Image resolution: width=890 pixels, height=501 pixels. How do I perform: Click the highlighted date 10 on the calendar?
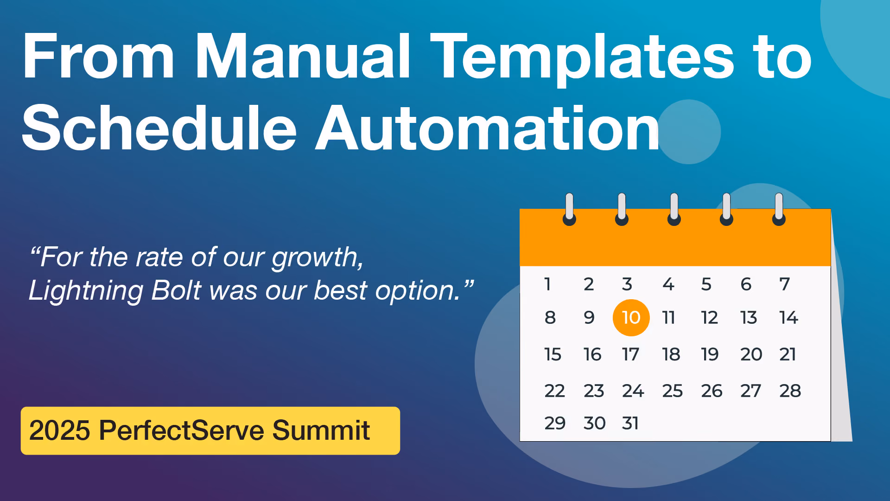pyautogui.click(x=631, y=318)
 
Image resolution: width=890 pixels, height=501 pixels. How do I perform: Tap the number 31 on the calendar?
pyautogui.click(x=630, y=423)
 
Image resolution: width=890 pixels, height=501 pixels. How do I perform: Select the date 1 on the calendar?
pyautogui.click(x=547, y=284)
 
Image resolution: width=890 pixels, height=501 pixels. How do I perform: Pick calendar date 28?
pyautogui.click(x=790, y=391)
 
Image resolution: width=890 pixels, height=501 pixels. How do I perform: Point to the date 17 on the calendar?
pyautogui.click(x=630, y=354)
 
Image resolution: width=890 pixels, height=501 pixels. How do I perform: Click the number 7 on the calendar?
pyautogui.click(x=784, y=284)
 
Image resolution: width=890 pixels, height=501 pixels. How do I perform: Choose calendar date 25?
pyautogui.click(x=672, y=391)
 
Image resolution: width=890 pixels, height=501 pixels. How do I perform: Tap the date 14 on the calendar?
pyautogui.click(x=788, y=318)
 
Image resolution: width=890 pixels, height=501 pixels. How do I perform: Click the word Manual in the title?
pyautogui.click(x=303, y=57)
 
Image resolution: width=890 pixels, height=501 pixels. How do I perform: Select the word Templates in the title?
pyautogui.click(x=582, y=60)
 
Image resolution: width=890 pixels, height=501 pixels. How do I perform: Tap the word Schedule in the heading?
pyautogui.click(x=159, y=127)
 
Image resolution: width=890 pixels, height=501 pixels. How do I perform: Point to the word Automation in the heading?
pyautogui.click(x=487, y=127)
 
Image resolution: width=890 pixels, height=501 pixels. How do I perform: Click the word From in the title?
pyautogui.click(x=98, y=57)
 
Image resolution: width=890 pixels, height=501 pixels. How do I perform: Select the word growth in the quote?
pyautogui.click(x=318, y=258)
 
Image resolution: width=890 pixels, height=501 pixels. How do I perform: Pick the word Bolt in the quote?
pyautogui.click(x=176, y=290)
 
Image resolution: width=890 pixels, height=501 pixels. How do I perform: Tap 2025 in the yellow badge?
pyautogui.click(x=59, y=430)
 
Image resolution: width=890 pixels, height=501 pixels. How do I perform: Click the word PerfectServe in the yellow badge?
pyautogui.click(x=181, y=430)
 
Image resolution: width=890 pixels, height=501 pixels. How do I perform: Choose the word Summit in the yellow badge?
pyautogui.click(x=321, y=430)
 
